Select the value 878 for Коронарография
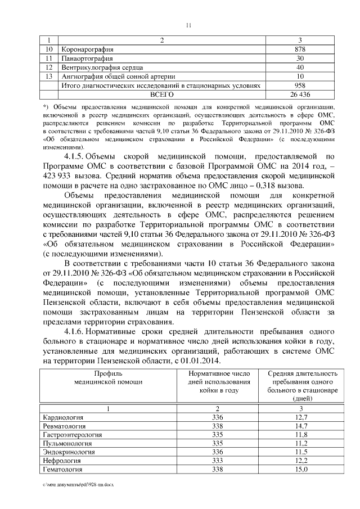click(x=300, y=49)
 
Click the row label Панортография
click(x=87, y=58)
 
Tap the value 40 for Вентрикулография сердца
click(x=300, y=67)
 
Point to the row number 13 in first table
click(x=49, y=76)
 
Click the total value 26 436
click(x=300, y=94)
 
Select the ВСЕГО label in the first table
click(x=162, y=94)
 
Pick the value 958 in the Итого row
click(x=300, y=85)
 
